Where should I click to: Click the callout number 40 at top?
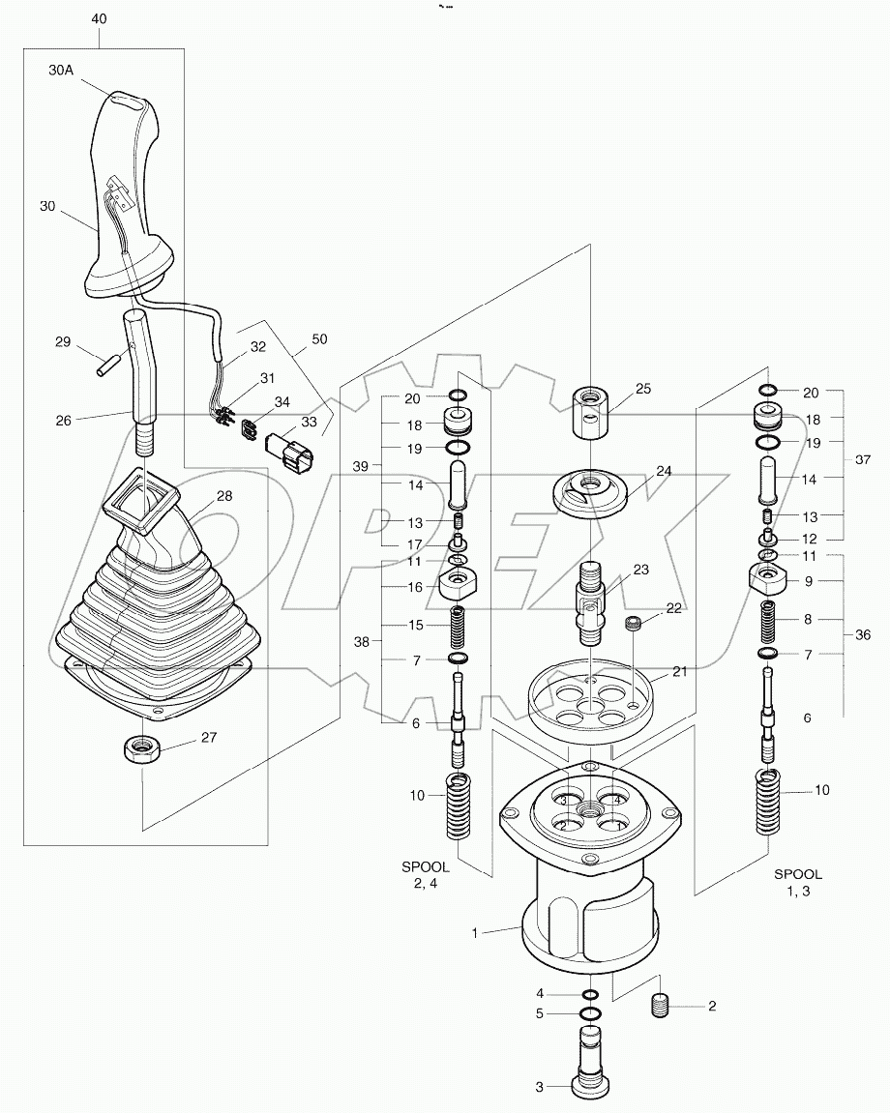click(99, 18)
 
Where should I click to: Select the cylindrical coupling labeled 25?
click(588, 412)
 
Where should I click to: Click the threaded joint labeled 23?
click(589, 601)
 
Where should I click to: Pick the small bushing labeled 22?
click(636, 624)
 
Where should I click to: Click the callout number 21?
click(680, 671)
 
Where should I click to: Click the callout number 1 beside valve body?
click(474, 932)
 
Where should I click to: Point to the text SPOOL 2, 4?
click(427, 875)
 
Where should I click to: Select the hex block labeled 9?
click(770, 583)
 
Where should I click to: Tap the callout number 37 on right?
click(863, 460)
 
